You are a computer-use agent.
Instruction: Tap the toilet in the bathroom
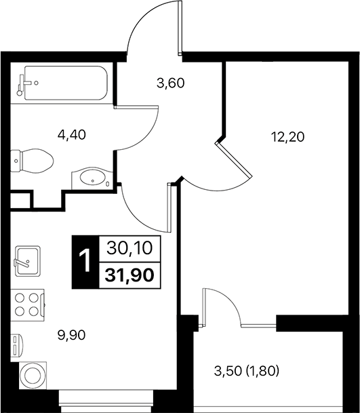34,161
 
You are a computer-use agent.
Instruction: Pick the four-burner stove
27,303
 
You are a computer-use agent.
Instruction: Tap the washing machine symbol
31,374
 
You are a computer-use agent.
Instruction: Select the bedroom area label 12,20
287,136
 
